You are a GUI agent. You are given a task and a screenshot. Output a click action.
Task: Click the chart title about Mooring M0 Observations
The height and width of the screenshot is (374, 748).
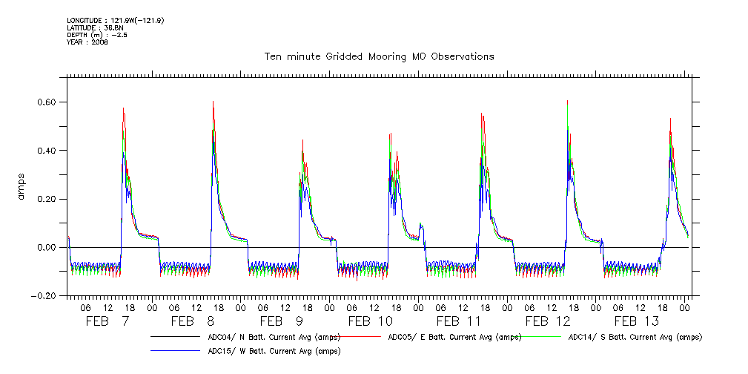coord(380,56)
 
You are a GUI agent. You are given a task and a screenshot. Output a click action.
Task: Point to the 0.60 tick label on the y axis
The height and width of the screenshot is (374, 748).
coord(53,102)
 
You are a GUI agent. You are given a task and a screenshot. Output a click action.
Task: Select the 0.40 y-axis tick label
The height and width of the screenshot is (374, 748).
coord(53,150)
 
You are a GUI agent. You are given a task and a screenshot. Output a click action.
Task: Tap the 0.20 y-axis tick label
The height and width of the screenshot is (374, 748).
coord(53,199)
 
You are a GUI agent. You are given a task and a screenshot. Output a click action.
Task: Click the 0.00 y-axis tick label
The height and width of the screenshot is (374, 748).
coord(53,247)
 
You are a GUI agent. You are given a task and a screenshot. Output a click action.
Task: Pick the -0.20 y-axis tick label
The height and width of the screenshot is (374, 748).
coord(51,295)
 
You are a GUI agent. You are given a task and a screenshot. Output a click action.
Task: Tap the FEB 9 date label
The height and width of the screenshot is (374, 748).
coord(282,321)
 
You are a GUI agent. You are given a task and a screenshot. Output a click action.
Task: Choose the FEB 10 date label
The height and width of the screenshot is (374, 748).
coord(371,321)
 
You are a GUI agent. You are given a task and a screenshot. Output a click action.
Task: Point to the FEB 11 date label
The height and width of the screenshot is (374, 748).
coord(460,321)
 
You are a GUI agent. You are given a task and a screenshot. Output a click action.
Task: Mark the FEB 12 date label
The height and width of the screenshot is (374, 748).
coord(549,321)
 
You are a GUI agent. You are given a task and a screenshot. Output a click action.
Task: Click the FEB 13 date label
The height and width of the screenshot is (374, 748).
coord(637,321)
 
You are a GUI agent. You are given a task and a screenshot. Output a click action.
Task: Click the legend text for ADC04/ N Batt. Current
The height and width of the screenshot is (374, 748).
coord(274,337)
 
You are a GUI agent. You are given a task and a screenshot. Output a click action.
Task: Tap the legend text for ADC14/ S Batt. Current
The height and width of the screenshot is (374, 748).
coord(635,337)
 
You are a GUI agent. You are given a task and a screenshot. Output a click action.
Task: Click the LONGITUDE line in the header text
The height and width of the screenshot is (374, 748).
coord(115,20)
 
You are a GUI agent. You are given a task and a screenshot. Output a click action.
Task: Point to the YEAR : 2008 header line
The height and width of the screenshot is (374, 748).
coord(87,42)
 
